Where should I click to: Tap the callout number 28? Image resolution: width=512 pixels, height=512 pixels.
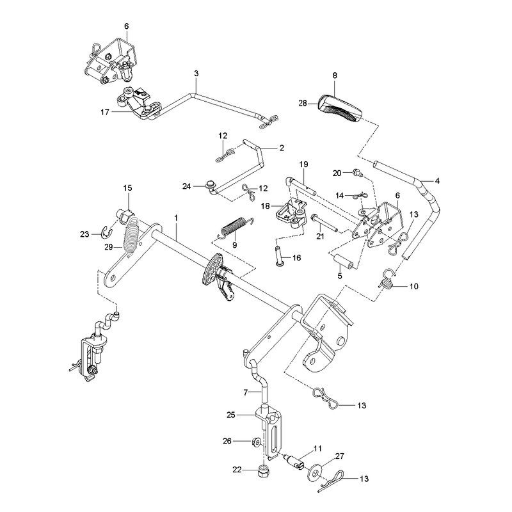(303, 103)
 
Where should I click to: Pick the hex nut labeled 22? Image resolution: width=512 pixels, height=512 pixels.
(263, 469)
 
